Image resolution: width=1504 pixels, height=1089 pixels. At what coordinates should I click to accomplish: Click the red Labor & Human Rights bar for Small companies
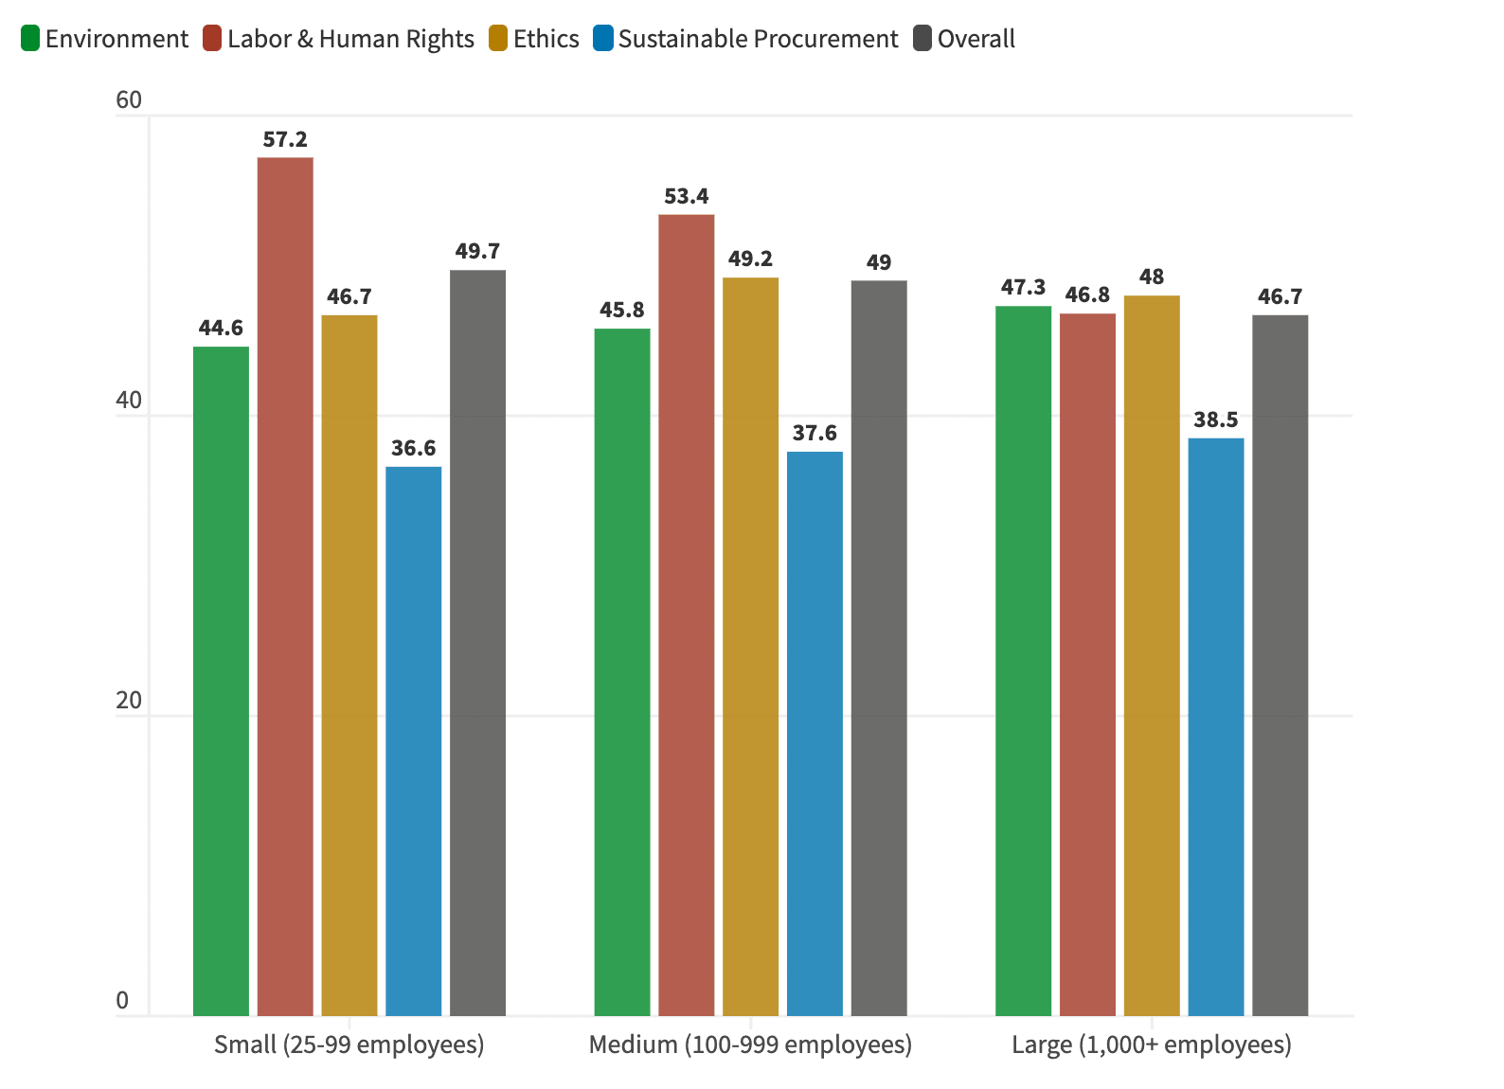(x=285, y=587)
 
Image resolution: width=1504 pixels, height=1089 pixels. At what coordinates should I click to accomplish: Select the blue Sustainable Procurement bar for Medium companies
(x=815, y=734)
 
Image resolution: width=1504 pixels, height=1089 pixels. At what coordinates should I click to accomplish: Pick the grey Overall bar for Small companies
(x=477, y=643)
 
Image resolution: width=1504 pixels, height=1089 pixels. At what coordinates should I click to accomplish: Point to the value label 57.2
(x=285, y=140)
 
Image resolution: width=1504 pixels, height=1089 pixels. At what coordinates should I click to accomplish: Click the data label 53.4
(x=686, y=197)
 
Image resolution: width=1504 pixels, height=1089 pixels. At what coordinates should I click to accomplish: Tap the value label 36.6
(x=413, y=448)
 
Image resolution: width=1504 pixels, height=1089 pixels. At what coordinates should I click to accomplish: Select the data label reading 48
(x=1151, y=277)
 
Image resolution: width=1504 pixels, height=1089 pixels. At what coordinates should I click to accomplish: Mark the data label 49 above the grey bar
(x=878, y=263)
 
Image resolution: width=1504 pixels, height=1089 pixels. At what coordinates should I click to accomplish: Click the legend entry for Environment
(x=104, y=39)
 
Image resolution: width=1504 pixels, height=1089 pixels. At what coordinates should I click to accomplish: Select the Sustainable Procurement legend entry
(x=745, y=39)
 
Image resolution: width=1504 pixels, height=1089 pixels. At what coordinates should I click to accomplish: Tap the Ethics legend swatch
(x=498, y=39)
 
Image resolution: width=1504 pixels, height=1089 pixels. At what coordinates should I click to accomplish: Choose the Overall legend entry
(x=964, y=39)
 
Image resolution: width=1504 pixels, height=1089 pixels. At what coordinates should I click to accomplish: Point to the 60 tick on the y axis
(x=128, y=100)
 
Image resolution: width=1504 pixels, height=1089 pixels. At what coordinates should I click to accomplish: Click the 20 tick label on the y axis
(x=128, y=701)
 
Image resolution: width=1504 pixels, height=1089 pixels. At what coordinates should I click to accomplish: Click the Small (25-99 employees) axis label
(x=349, y=1044)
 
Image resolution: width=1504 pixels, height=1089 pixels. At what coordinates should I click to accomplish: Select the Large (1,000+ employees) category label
(x=1151, y=1044)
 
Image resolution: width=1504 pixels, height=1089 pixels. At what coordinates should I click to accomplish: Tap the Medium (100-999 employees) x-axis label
(x=750, y=1044)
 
